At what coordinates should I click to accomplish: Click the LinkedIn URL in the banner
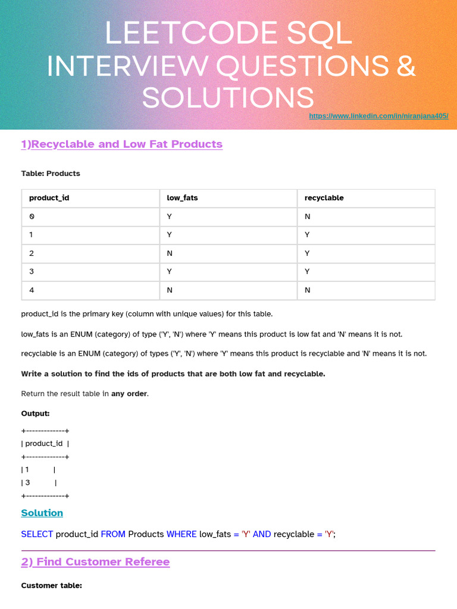(x=378, y=116)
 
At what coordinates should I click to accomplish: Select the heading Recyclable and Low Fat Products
(x=121, y=144)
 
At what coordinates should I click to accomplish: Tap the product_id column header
(x=49, y=198)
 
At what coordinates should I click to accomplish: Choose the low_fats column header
(x=182, y=198)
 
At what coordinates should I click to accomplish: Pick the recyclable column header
(x=324, y=198)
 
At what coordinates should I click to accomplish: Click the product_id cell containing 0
(x=32, y=216)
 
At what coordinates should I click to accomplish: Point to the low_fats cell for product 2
(x=170, y=253)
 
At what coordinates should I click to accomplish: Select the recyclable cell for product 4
(x=308, y=290)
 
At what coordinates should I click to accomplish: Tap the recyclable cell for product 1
(x=308, y=235)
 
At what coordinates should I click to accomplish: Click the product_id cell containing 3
(x=32, y=272)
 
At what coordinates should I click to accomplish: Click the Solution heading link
(x=42, y=513)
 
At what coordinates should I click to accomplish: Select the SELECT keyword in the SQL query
(x=37, y=534)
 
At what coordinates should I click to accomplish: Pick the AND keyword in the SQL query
(x=262, y=534)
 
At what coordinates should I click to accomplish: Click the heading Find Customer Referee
(x=95, y=562)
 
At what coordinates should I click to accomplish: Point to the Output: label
(x=35, y=413)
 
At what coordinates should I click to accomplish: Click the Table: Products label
(x=51, y=174)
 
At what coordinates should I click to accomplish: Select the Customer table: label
(x=51, y=586)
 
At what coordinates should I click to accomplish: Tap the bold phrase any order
(x=129, y=394)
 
